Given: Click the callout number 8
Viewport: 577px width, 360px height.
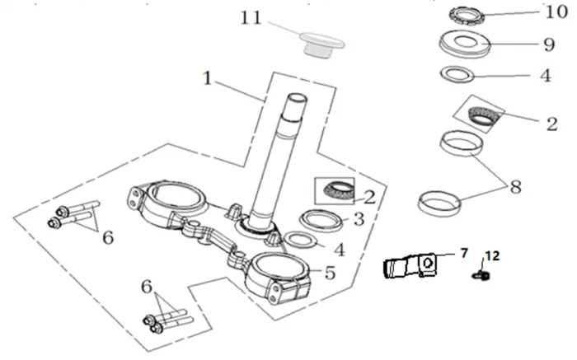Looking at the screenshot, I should click(x=515, y=187).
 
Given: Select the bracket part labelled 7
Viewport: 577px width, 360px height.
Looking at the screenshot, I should click(x=409, y=268).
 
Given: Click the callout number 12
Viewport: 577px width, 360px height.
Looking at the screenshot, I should click(x=491, y=257).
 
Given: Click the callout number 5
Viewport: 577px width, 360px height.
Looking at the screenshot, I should click(x=330, y=272).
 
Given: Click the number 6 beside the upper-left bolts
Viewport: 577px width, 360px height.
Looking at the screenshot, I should click(x=108, y=238).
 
